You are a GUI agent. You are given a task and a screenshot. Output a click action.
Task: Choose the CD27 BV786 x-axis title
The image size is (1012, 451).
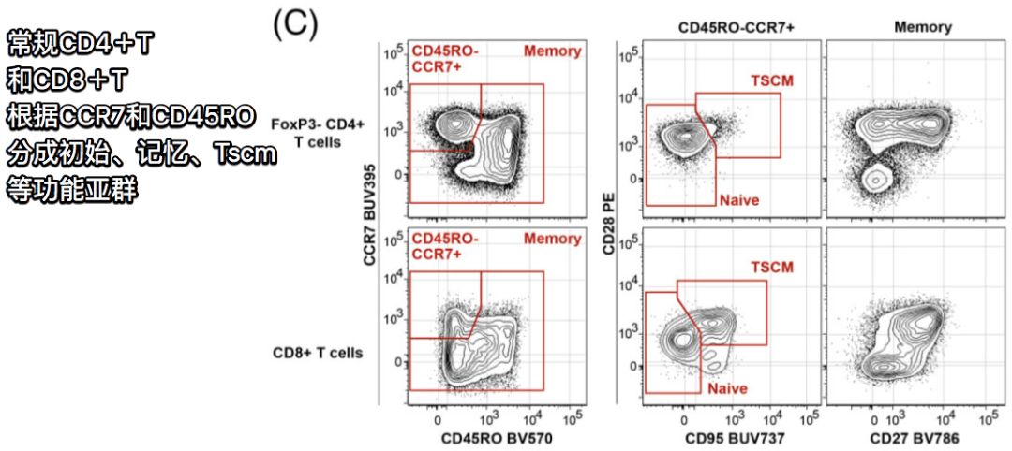(912, 437)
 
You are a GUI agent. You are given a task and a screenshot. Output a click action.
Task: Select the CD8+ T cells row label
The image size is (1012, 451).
(318, 353)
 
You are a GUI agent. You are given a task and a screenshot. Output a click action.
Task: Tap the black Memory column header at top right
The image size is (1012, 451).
(922, 28)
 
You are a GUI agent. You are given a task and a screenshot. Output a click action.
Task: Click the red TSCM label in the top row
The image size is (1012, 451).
(771, 80)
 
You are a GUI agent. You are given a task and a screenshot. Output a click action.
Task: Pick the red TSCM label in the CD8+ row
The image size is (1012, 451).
(771, 267)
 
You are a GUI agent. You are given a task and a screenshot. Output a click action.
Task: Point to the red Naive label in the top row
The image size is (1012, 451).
(738, 199)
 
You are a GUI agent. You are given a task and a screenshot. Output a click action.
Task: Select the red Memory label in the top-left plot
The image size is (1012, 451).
(552, 51)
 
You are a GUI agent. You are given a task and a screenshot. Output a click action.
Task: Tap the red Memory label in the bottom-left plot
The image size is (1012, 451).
(552, 239)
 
